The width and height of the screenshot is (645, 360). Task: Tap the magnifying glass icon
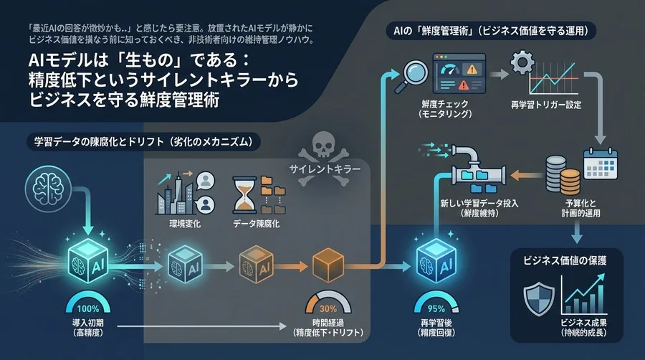[412, 76]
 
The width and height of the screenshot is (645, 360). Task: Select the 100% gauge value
[88, 308]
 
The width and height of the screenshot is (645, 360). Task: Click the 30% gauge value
[328, 308]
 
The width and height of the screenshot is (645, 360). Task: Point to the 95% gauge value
[436, 308]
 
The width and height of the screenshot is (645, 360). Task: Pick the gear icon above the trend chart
[522, 62]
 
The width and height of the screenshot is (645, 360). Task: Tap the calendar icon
[601, 164]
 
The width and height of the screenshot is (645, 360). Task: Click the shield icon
[539, 299]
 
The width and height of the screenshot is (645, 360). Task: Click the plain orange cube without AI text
[328, 265]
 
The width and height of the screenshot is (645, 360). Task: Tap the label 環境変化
[185, 224]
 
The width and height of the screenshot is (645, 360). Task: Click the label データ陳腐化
[257, 224]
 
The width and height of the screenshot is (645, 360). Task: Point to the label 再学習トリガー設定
[546, 105]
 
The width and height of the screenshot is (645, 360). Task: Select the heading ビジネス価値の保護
[565, 260]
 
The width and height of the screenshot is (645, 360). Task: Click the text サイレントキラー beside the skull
[325, 169]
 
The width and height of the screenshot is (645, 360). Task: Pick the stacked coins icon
[563, 174]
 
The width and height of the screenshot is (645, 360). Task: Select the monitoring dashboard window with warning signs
[459, 73]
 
